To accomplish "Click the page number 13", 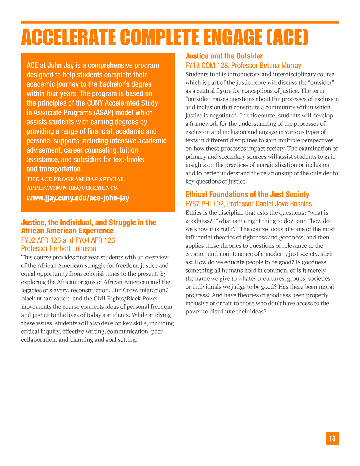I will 332,438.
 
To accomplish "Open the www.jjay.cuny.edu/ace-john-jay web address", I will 78,198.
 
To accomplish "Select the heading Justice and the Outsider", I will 224,56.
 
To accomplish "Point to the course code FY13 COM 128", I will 206,66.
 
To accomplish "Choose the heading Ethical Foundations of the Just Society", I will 247,194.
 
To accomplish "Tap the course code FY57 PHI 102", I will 205,204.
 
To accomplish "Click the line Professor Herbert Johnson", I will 59,249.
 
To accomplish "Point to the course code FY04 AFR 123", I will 95,240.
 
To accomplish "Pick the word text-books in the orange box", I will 129,160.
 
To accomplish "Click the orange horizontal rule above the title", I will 180,22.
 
